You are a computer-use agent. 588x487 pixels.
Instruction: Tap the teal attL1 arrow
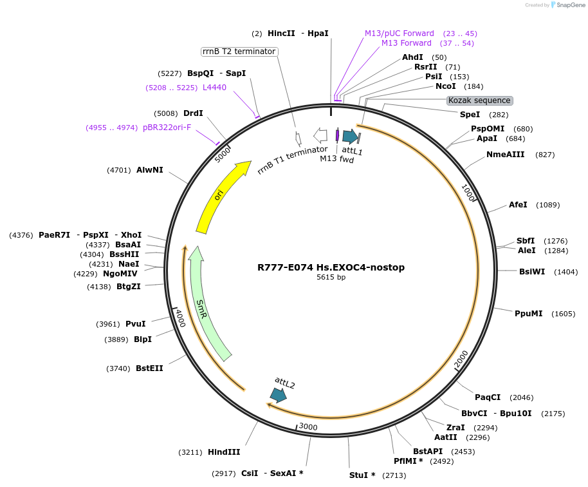pyautogui.click(x=350, y=136)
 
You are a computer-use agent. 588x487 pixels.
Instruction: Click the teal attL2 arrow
pyautogui.click(x=279, y=395)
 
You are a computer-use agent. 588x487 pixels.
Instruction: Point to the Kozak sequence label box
pyautogui.click(x=480, y=100)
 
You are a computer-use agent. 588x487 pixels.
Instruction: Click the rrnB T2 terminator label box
pyautogui.click(x=239, y=52)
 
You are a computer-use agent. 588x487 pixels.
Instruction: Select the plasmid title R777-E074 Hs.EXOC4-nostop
pyautogui.click(x=331, y=267)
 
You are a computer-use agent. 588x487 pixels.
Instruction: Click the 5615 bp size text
pyautogui.click(x=331, y=278)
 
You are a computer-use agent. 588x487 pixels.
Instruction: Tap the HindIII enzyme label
pyautogui.click(x=224, y=452)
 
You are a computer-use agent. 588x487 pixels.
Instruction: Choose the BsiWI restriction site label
pyautogui.click(x=532, y=271)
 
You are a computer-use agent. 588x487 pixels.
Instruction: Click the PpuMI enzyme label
pyautogui.click(x=528, y=314)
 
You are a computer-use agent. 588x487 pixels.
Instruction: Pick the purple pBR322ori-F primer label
pyautogui.click(x=167, y=128)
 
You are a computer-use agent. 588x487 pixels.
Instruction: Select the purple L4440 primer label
pyautogui.click(x=214, y=87)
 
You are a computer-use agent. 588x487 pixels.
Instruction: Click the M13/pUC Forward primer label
pyautogui.click(x=400, y=33)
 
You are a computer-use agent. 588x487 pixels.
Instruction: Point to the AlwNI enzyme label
pyautogui.click(x=150, y=170)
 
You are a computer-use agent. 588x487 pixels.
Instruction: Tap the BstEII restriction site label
pyautogui.click(x=149, y=368)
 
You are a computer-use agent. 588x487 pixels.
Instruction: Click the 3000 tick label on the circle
pyautogui.click(x=308, y=427)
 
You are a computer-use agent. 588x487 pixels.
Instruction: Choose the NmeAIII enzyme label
pyautogui.click(x=506, y=155)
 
